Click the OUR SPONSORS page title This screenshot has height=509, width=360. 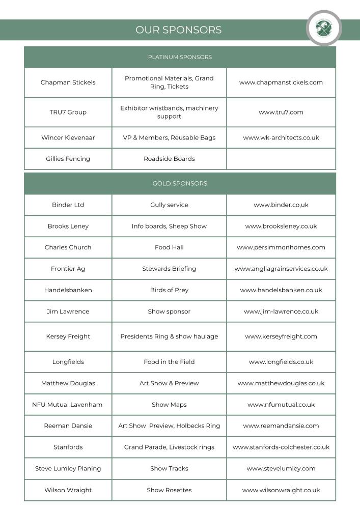[178, 30]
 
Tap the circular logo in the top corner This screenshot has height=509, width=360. [323, 28]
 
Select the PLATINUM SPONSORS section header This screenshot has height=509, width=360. [180, 57]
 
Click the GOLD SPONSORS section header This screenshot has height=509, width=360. [180, 183]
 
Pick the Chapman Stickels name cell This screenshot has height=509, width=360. [68, 82]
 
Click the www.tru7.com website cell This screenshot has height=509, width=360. [281, 112]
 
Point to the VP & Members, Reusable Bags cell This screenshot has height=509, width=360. [169, 137]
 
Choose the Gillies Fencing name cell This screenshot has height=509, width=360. [68, 159]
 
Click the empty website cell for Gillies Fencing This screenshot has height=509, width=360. [281, 159]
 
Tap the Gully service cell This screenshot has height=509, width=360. [169, 205]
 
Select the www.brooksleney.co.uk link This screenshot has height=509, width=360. [281, 226]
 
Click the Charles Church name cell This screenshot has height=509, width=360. [68, 247]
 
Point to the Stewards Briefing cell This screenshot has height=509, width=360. [169, 269]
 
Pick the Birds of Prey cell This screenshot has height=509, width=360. [169, 290]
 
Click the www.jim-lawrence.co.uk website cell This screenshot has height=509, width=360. [281, 312]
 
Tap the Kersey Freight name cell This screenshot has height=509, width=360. [68, 336]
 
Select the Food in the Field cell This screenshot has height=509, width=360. [169, 362]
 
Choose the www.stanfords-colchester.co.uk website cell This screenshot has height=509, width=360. [281, 447]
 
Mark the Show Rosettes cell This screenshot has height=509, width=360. [169, 490]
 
